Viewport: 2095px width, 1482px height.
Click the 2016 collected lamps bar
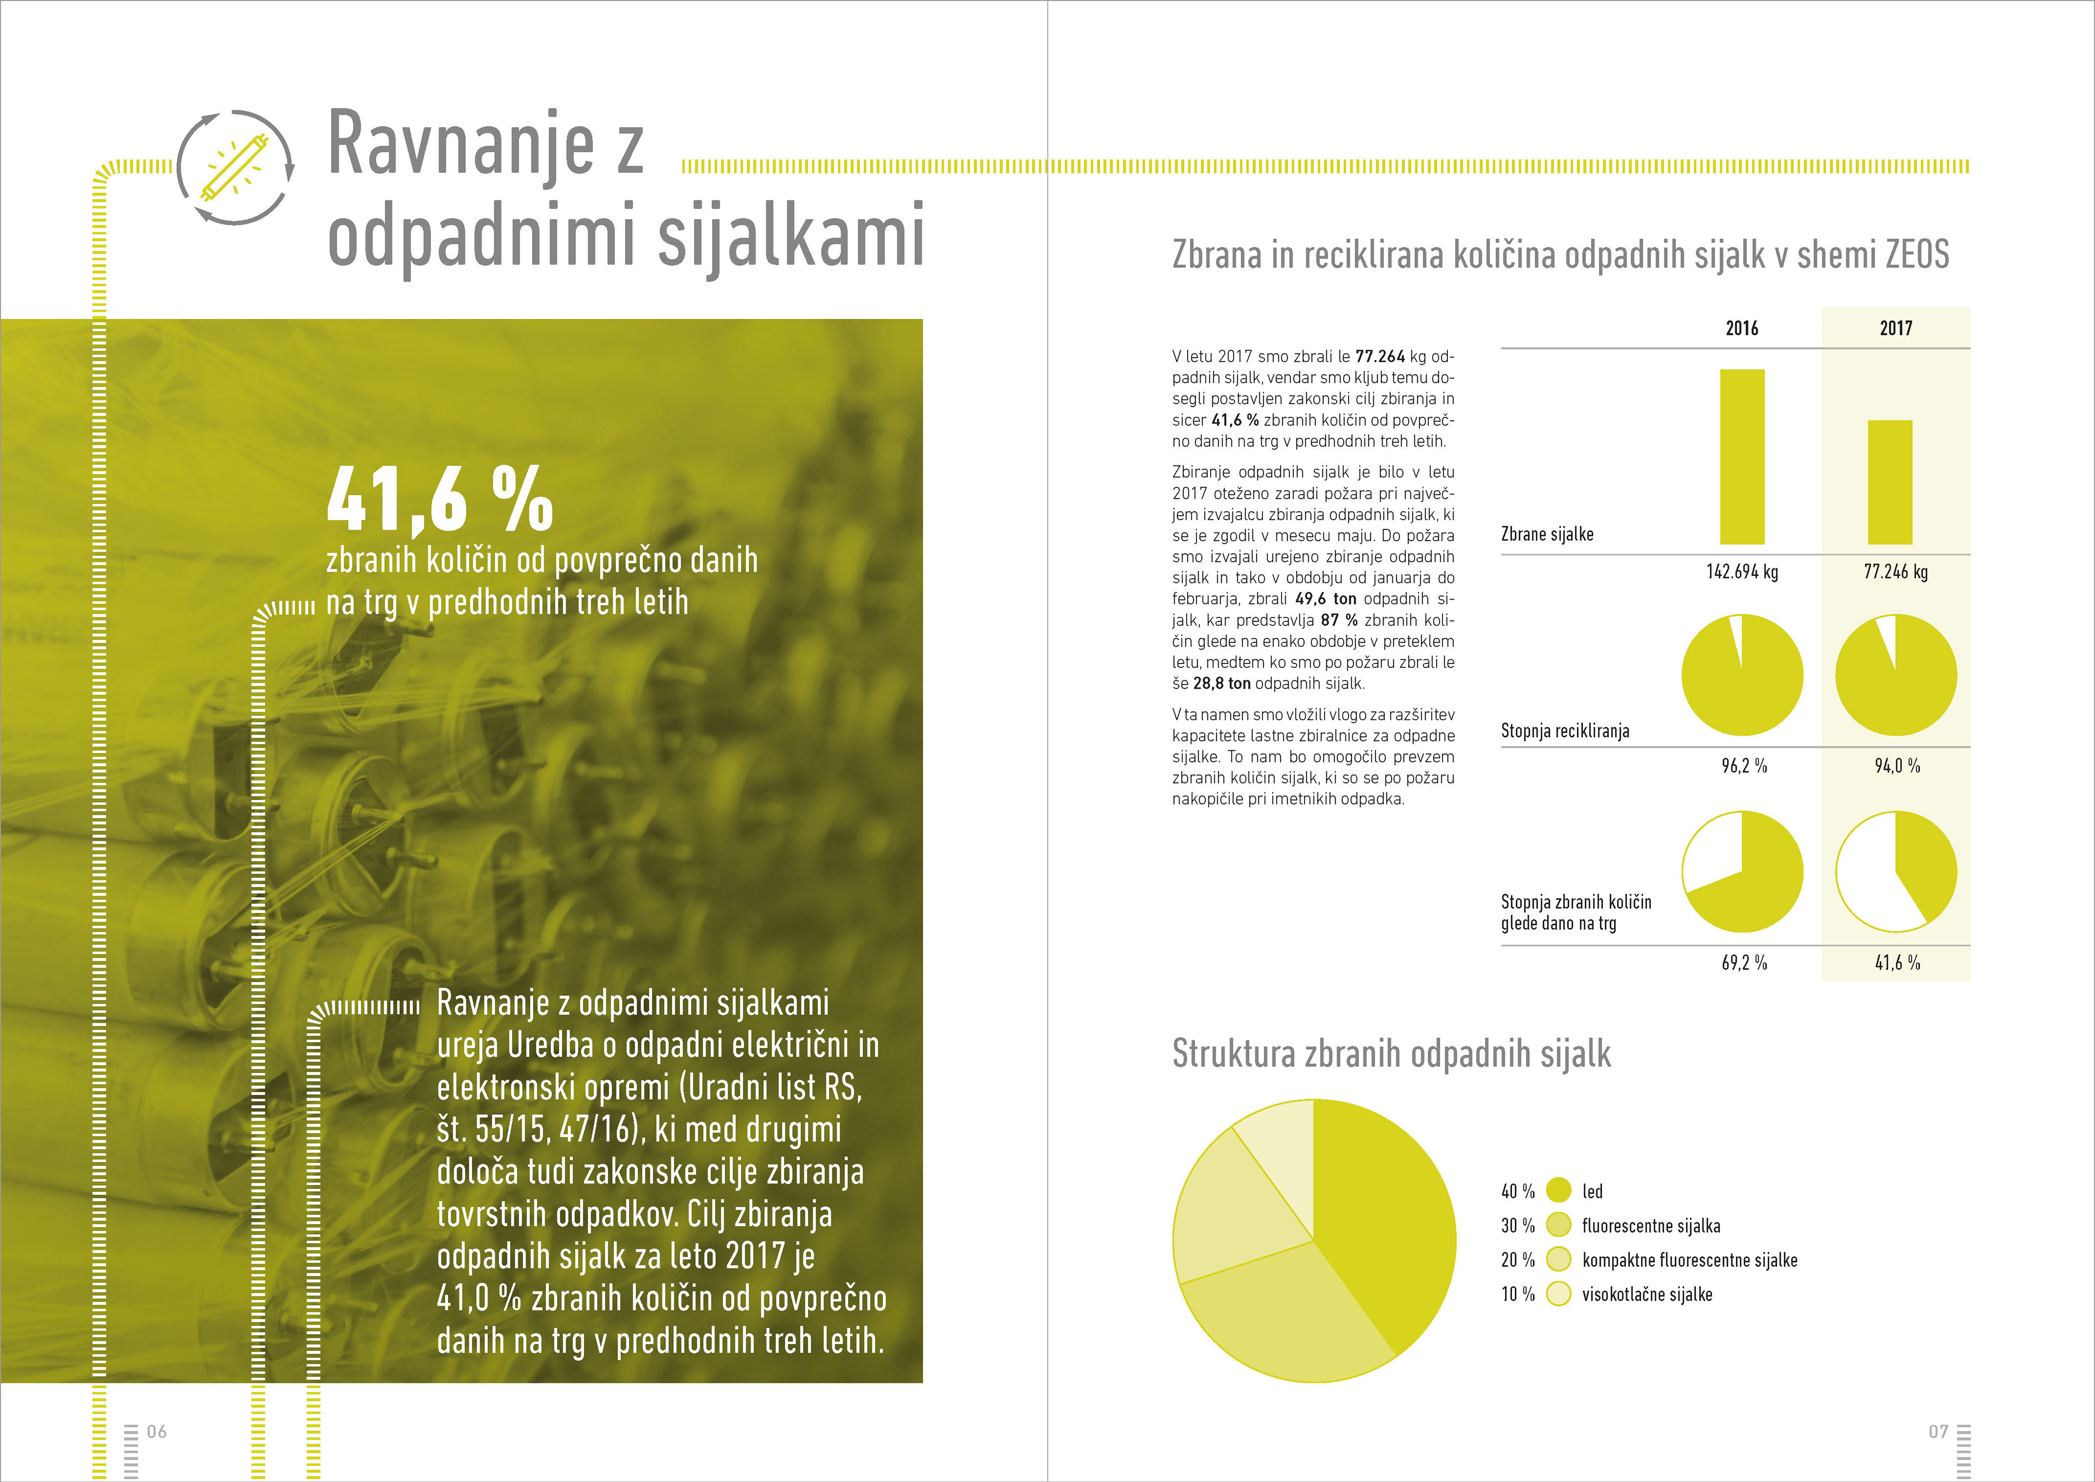pos(1742,456)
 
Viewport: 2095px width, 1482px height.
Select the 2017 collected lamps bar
pos(1890,482)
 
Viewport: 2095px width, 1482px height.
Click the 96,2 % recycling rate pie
pos(1742,676)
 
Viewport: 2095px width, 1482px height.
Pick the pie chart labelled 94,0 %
pos(1895,676)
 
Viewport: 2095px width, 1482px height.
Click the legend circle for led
pos(1559,1190)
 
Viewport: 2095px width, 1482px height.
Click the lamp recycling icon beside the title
pos(235,167)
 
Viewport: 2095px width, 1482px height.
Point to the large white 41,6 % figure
pos(440,499)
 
